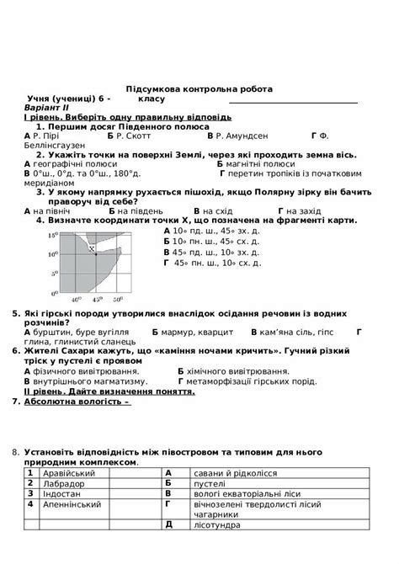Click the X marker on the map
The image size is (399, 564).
pos(92,247)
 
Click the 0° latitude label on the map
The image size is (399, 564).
pos(53,292)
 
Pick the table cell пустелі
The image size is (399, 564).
pos(210,483)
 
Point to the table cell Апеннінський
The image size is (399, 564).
pos(72,503)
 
